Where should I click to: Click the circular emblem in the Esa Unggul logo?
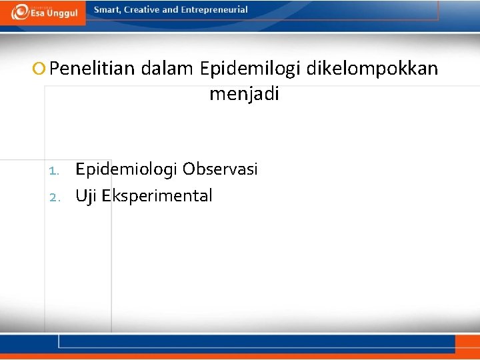point(20,12)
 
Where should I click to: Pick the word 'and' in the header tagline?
point(171,10)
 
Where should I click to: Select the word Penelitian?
point(93,69)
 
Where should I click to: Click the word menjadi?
point(244,94)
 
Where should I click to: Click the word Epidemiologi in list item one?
point(126,169)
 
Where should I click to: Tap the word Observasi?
point(220,169)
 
